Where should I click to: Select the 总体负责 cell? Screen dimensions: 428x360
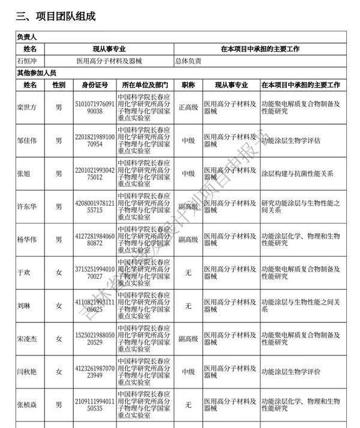tap(188, 61)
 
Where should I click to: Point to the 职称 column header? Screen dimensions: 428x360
tap(187, 85)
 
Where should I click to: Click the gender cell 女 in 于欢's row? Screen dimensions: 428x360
tap(59, 273)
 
